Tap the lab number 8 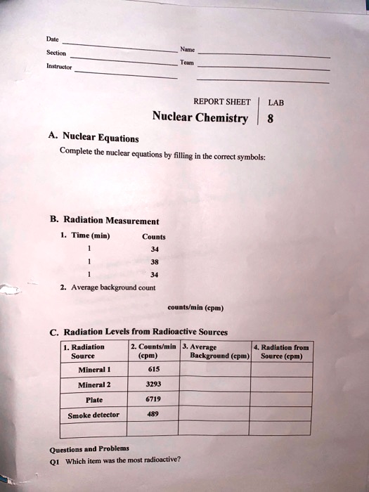pos(270,118)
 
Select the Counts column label pos(154,237)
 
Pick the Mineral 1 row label pos(92,370)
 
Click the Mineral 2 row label pos(92,384)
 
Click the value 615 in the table pos(153,369)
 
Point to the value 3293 pos(153,384)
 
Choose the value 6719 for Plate pos(153,399)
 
